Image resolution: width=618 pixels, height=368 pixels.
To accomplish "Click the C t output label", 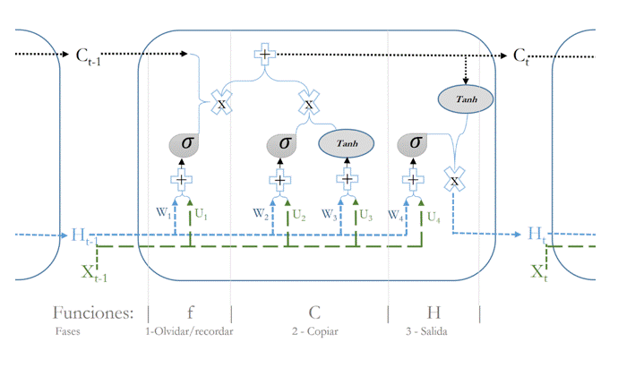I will click(x=520, y=56).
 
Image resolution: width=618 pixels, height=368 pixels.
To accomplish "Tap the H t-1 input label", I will click(x=82, y=236).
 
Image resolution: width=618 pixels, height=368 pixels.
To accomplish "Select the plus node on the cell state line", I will click(x=265, y=56).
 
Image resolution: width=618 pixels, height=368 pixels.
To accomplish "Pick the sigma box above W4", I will click(x=414, y=142).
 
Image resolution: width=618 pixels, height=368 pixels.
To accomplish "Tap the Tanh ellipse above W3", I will click(x=346, y=143).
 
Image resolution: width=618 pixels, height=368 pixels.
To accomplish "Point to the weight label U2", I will click(x=297, y=216).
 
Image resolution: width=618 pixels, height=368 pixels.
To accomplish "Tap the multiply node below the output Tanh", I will click(x=454, y=180).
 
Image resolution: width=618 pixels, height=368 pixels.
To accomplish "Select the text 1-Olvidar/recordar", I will click(x=189, y=332).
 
